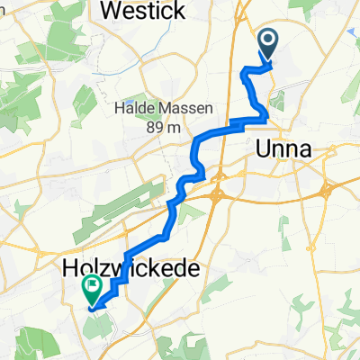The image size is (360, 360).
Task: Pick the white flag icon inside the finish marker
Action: (x=92, y=287)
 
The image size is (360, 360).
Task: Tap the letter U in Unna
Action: (x=265, y=150)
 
